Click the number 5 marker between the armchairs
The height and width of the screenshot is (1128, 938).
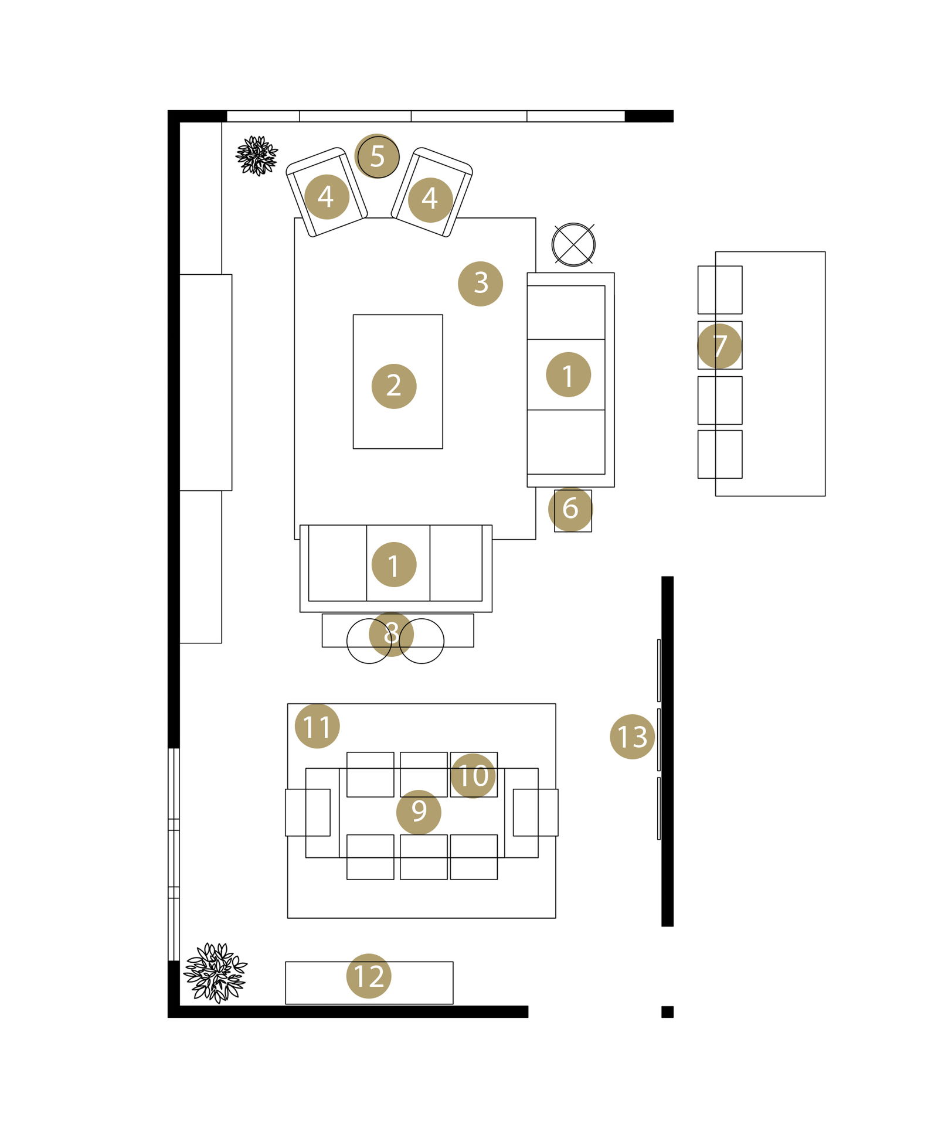coord(377,156)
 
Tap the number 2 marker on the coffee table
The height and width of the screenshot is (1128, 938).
coord(394,386)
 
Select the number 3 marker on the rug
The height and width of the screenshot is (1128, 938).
coord(480,284)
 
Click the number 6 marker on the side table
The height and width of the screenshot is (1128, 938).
coord(570,509)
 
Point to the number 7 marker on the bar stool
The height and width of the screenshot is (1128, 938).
coord(719,346)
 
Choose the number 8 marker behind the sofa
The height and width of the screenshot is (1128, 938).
coord(391,634)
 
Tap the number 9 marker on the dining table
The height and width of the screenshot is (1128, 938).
coord(419,812)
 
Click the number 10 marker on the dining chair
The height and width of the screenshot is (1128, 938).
coord(473,776)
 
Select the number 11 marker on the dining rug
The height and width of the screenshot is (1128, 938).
coord(317,727)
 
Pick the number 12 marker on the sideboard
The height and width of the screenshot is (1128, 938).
coord(369,976)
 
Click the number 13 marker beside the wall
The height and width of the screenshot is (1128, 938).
coord(632,737)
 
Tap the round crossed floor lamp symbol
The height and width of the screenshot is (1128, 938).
coord(573,244)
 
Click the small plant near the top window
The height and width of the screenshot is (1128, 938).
coord(256,156)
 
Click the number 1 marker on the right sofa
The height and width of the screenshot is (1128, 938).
coord(568,374)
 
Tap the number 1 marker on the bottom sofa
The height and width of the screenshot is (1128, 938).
coord(394,565)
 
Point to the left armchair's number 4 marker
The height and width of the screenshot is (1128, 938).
coord(327,197)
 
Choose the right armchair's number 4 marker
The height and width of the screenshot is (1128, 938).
coord(430,200)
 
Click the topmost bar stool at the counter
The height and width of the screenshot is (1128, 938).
coord(719,289)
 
